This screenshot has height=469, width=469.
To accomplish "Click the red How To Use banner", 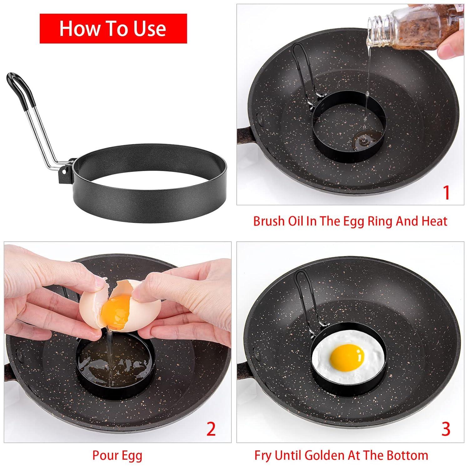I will pyautogui.click(x=113, y=28).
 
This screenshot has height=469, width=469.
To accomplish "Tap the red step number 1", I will pyautogui.click(x=446, y=193).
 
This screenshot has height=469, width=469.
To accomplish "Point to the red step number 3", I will pyautogui.click(x=446, y=429).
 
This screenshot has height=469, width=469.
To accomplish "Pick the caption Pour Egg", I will pyautogui.click(x=117, y=455).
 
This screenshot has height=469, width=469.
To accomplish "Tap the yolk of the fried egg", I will pyautogui.click(x=347, y=356).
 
